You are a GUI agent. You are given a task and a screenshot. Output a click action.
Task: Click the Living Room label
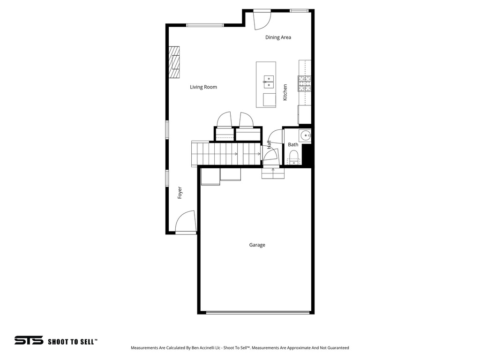pos(203,87)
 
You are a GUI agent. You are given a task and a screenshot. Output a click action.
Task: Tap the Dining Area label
pos(278,37)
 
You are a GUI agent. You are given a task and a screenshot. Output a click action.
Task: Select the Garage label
pos(257,245)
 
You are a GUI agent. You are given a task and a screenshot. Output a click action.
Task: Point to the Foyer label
pos(180,193)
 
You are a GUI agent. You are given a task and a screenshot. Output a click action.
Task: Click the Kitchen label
pos(285,92)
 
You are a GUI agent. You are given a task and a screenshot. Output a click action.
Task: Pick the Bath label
pos(293,145)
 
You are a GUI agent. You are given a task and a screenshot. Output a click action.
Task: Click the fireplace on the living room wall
pos(174,62)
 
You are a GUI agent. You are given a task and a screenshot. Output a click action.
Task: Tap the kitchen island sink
pos(268,82)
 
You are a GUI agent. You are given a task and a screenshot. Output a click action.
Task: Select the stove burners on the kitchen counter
pos(304,83)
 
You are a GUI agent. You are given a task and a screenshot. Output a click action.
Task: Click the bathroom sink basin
pos(306,135)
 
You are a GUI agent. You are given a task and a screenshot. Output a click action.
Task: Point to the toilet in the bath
pos(294,157)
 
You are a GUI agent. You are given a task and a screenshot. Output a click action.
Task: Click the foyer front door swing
pos(185,222)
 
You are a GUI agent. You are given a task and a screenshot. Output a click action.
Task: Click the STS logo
pos(29,341)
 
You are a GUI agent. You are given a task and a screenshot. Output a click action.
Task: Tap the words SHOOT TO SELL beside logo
pos(73,342)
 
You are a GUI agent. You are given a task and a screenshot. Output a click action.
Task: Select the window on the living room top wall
pos(205,25)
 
